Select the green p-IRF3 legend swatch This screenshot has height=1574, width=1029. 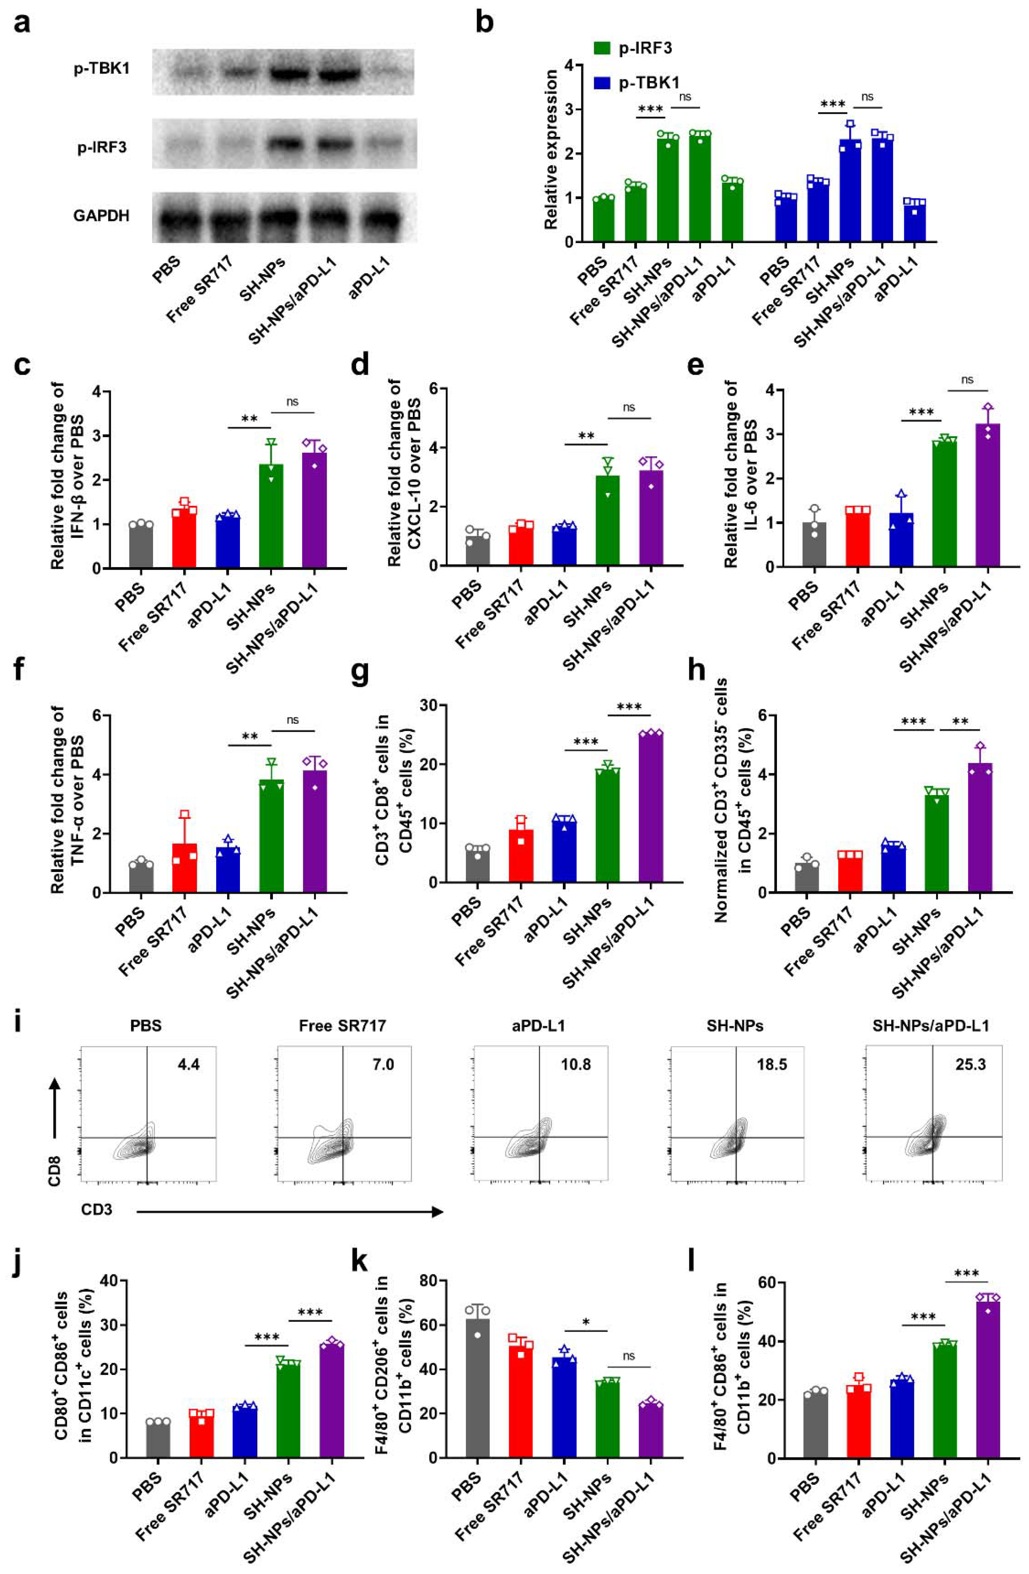coord(601,48)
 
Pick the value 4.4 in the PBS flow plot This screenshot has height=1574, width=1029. coord(188,1065)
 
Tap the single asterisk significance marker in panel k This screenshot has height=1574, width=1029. coord(586,1323)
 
